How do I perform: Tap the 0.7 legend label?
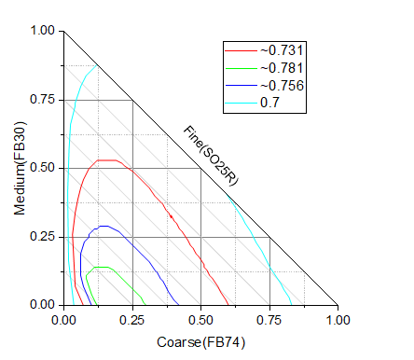(x=271, y=104)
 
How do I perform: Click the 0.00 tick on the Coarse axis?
(x=63, y=320)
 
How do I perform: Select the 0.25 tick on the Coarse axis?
(x=132, y=320)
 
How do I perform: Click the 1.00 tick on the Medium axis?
(x=43, y=31)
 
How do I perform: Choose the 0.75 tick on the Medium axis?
(x=43, y=100)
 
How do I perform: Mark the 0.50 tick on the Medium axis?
(x=43, y=169)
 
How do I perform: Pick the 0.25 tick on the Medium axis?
(x=43, y=237)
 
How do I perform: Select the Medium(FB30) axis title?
(x=21, y=168)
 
